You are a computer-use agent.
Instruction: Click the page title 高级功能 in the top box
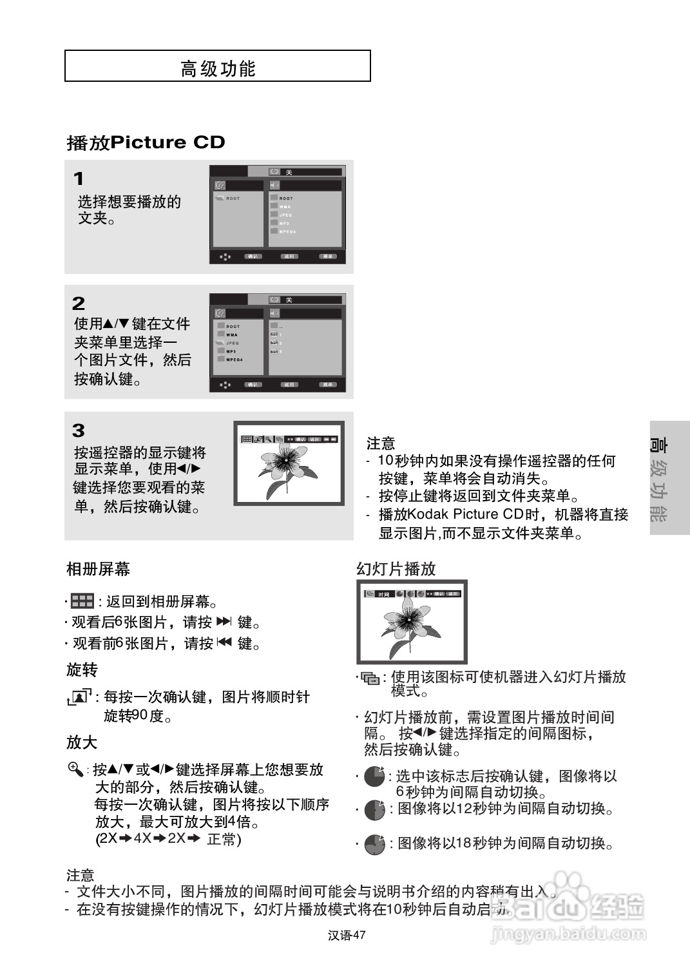pyautogui.click(x=218, y=68)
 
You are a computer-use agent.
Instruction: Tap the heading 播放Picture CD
pyautogui.click(x=146, y=142)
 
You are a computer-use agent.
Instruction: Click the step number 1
pyautogui.click(x=79, y=178)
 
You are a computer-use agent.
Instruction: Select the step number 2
pyautogui.click(x=79, y=303)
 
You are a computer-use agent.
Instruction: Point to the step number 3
pyautogui.click(x=79, y=430)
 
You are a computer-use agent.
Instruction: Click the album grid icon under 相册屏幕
pyautogui.click(x=82, y=601)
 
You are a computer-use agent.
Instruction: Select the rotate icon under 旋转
pyautogui.click(x=79, y=697)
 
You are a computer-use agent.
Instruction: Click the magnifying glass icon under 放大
pyautogui.click(x=75, y=769)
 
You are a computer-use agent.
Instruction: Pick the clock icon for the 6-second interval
pyautogui.click(x=374, y=776)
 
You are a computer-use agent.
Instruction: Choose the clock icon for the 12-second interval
pyautogui.click(x=374, y=809)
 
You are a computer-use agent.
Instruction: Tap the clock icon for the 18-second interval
pyautogui.click(x=374, y=844)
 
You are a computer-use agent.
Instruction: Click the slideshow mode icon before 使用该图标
pyautogui.click(x=370, y=678)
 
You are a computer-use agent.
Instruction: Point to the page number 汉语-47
pyautogui.click(x=347, y=936)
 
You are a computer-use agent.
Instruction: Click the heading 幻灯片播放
pyautogui.click(x=396, y=569)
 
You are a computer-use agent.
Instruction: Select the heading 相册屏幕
pyautogui.click(x=98, y=569)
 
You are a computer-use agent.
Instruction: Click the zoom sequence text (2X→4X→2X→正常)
pyautogui.click(x=168, y=839)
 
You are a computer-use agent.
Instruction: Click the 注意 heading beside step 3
pyautogui.click(x=381, y=443)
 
